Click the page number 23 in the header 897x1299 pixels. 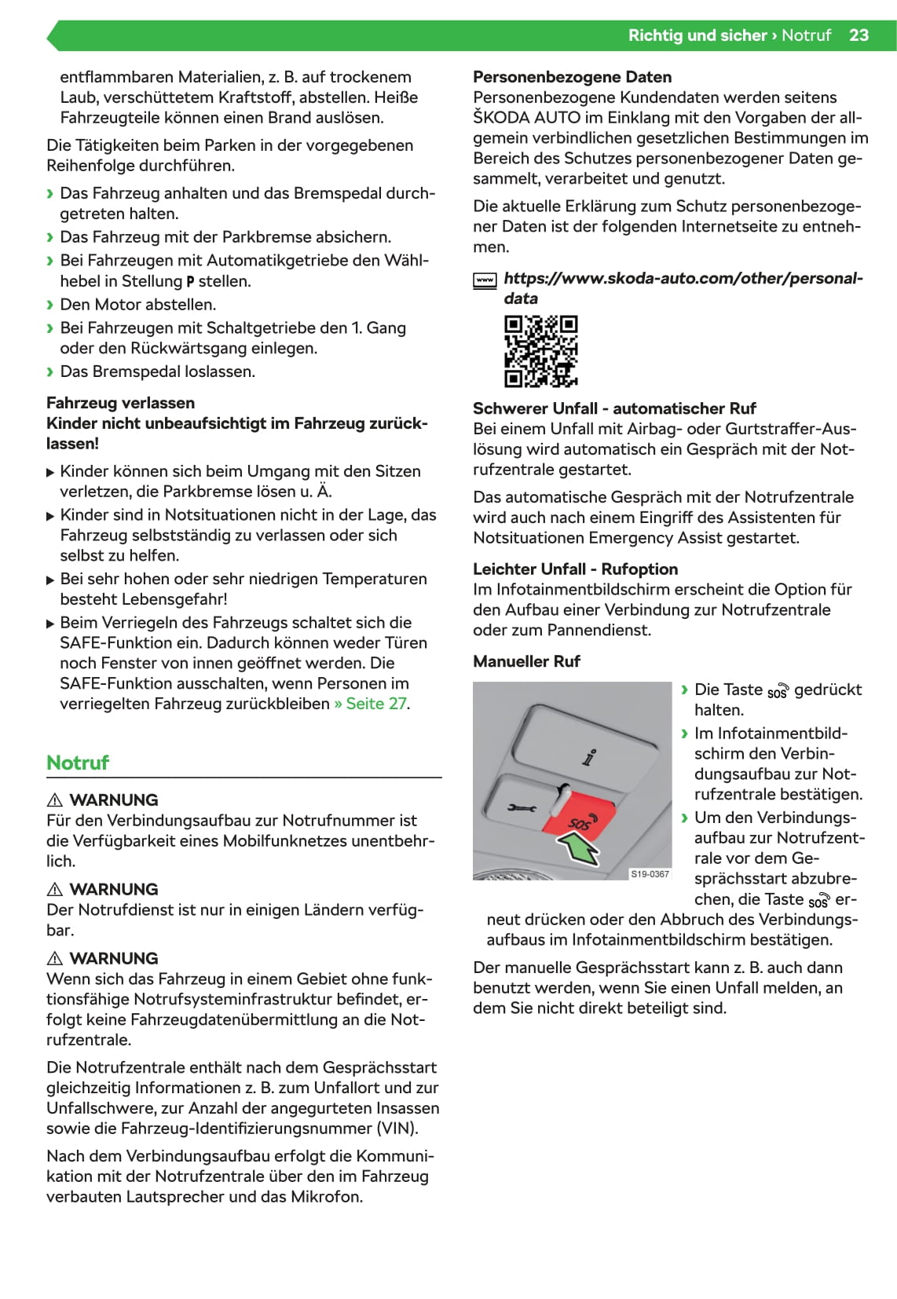tap(859, 35)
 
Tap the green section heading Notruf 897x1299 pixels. tap(78, 763)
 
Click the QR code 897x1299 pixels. tap(541, 351)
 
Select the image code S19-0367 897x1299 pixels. tap(650, 874)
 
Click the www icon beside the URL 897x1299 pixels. tap(485, 280)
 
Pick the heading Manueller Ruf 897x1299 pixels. tap(526, 661)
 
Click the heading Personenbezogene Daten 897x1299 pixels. tap(572, 77)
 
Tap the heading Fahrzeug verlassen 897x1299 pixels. tap(120, 403)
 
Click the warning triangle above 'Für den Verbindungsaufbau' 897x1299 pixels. tap(55, 800)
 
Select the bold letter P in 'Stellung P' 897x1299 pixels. tap(190, 282)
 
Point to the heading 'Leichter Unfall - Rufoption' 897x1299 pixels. tap(575, 569)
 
